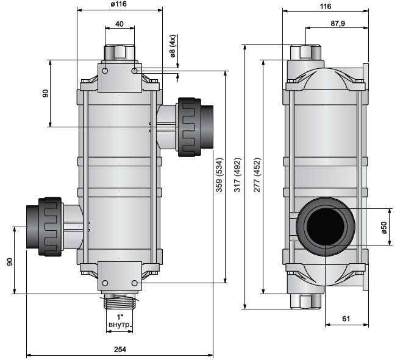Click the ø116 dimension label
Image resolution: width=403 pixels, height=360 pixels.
[x=119, y=4]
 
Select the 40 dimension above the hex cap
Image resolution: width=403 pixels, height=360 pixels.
[x=119, y=24]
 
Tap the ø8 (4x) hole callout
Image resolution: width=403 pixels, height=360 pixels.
[x=172, y=46]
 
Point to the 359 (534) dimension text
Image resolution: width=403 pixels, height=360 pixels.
[x=219, y=175]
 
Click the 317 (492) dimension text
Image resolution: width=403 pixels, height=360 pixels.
[x=238, y=175]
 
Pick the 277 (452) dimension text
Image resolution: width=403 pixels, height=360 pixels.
[x=257, y=175]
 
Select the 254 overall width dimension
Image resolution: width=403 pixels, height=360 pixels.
[x=120, y=349]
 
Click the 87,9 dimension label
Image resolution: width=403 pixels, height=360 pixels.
[x=338, y=24]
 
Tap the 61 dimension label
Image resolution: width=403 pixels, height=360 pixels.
[x=346, y=319]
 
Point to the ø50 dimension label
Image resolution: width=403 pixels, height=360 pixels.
[x=384, y=227]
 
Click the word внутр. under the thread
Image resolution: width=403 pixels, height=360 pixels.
[x=120, y=325]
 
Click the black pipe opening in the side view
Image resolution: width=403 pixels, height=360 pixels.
[x=326, y=227]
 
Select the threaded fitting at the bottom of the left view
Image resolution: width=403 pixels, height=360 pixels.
[x=119, y=302]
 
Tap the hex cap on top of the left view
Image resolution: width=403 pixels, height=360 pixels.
[x=119, y=52]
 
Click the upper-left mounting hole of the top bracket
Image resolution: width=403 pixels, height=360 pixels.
[x=105, y=71]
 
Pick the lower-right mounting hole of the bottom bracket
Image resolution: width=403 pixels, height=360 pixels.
[x=134, y=283]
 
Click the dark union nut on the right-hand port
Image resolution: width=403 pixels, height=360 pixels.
[x=190, y=127]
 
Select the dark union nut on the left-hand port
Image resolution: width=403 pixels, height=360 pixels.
[x=50, y=227]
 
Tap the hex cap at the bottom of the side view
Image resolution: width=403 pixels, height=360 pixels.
[x=305, y=301]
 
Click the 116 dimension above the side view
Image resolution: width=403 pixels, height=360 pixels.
[x=326, y=7]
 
